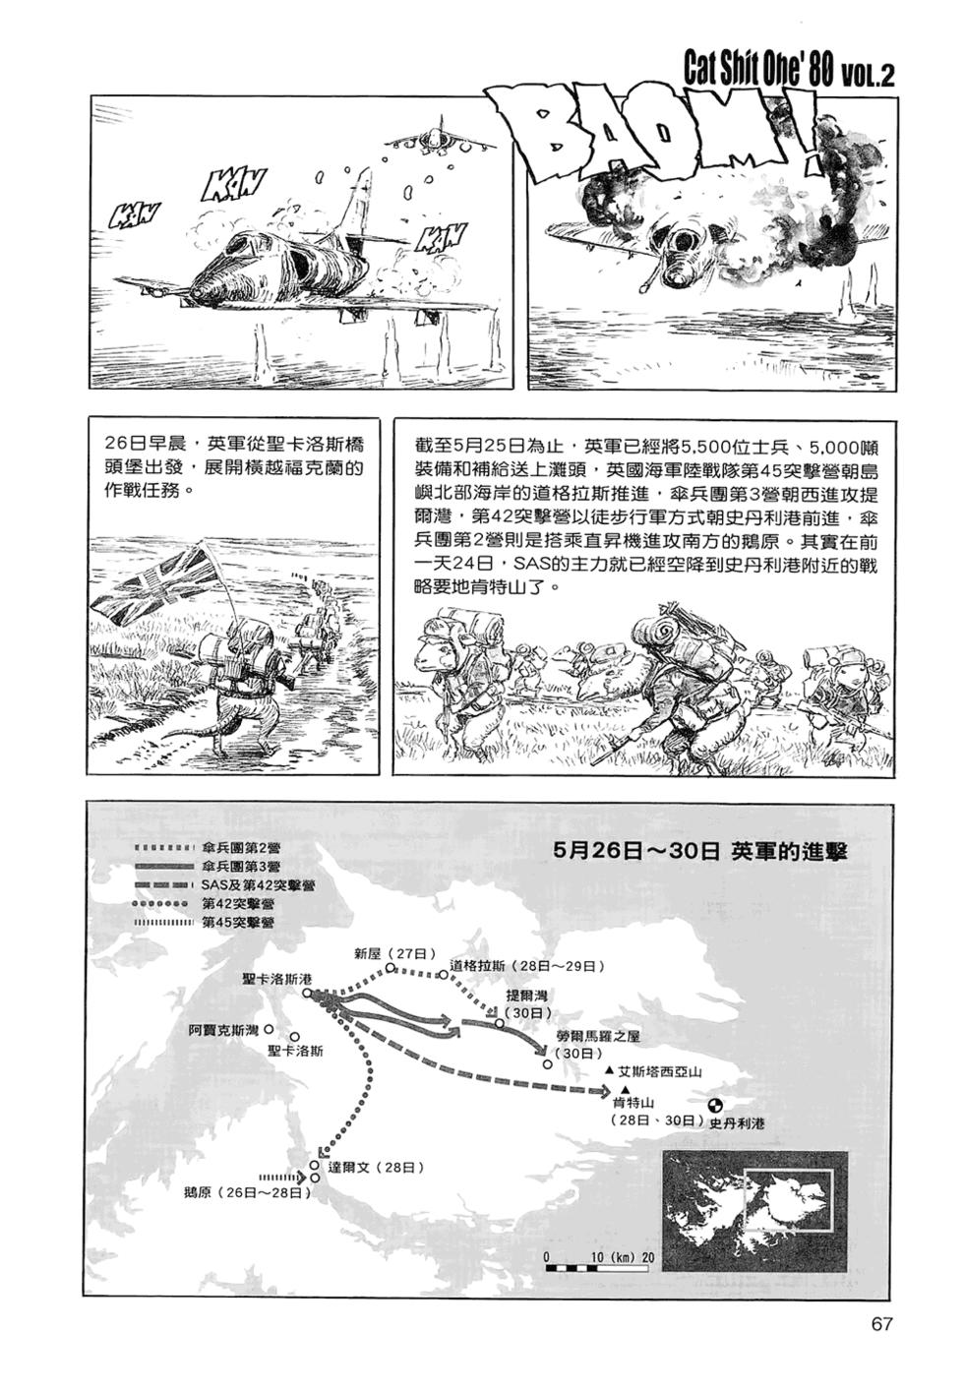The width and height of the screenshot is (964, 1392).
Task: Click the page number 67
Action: coord(880,1323)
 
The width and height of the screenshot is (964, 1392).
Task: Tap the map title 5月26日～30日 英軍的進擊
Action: coord(700,851)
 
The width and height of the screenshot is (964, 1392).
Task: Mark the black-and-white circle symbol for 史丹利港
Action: coord(715,1106)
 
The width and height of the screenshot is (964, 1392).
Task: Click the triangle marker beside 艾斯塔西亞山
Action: coord(609,1070)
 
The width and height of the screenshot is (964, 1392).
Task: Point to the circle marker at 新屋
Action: coord(391,968)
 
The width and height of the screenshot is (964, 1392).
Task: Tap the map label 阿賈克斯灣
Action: coord(223,1030)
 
